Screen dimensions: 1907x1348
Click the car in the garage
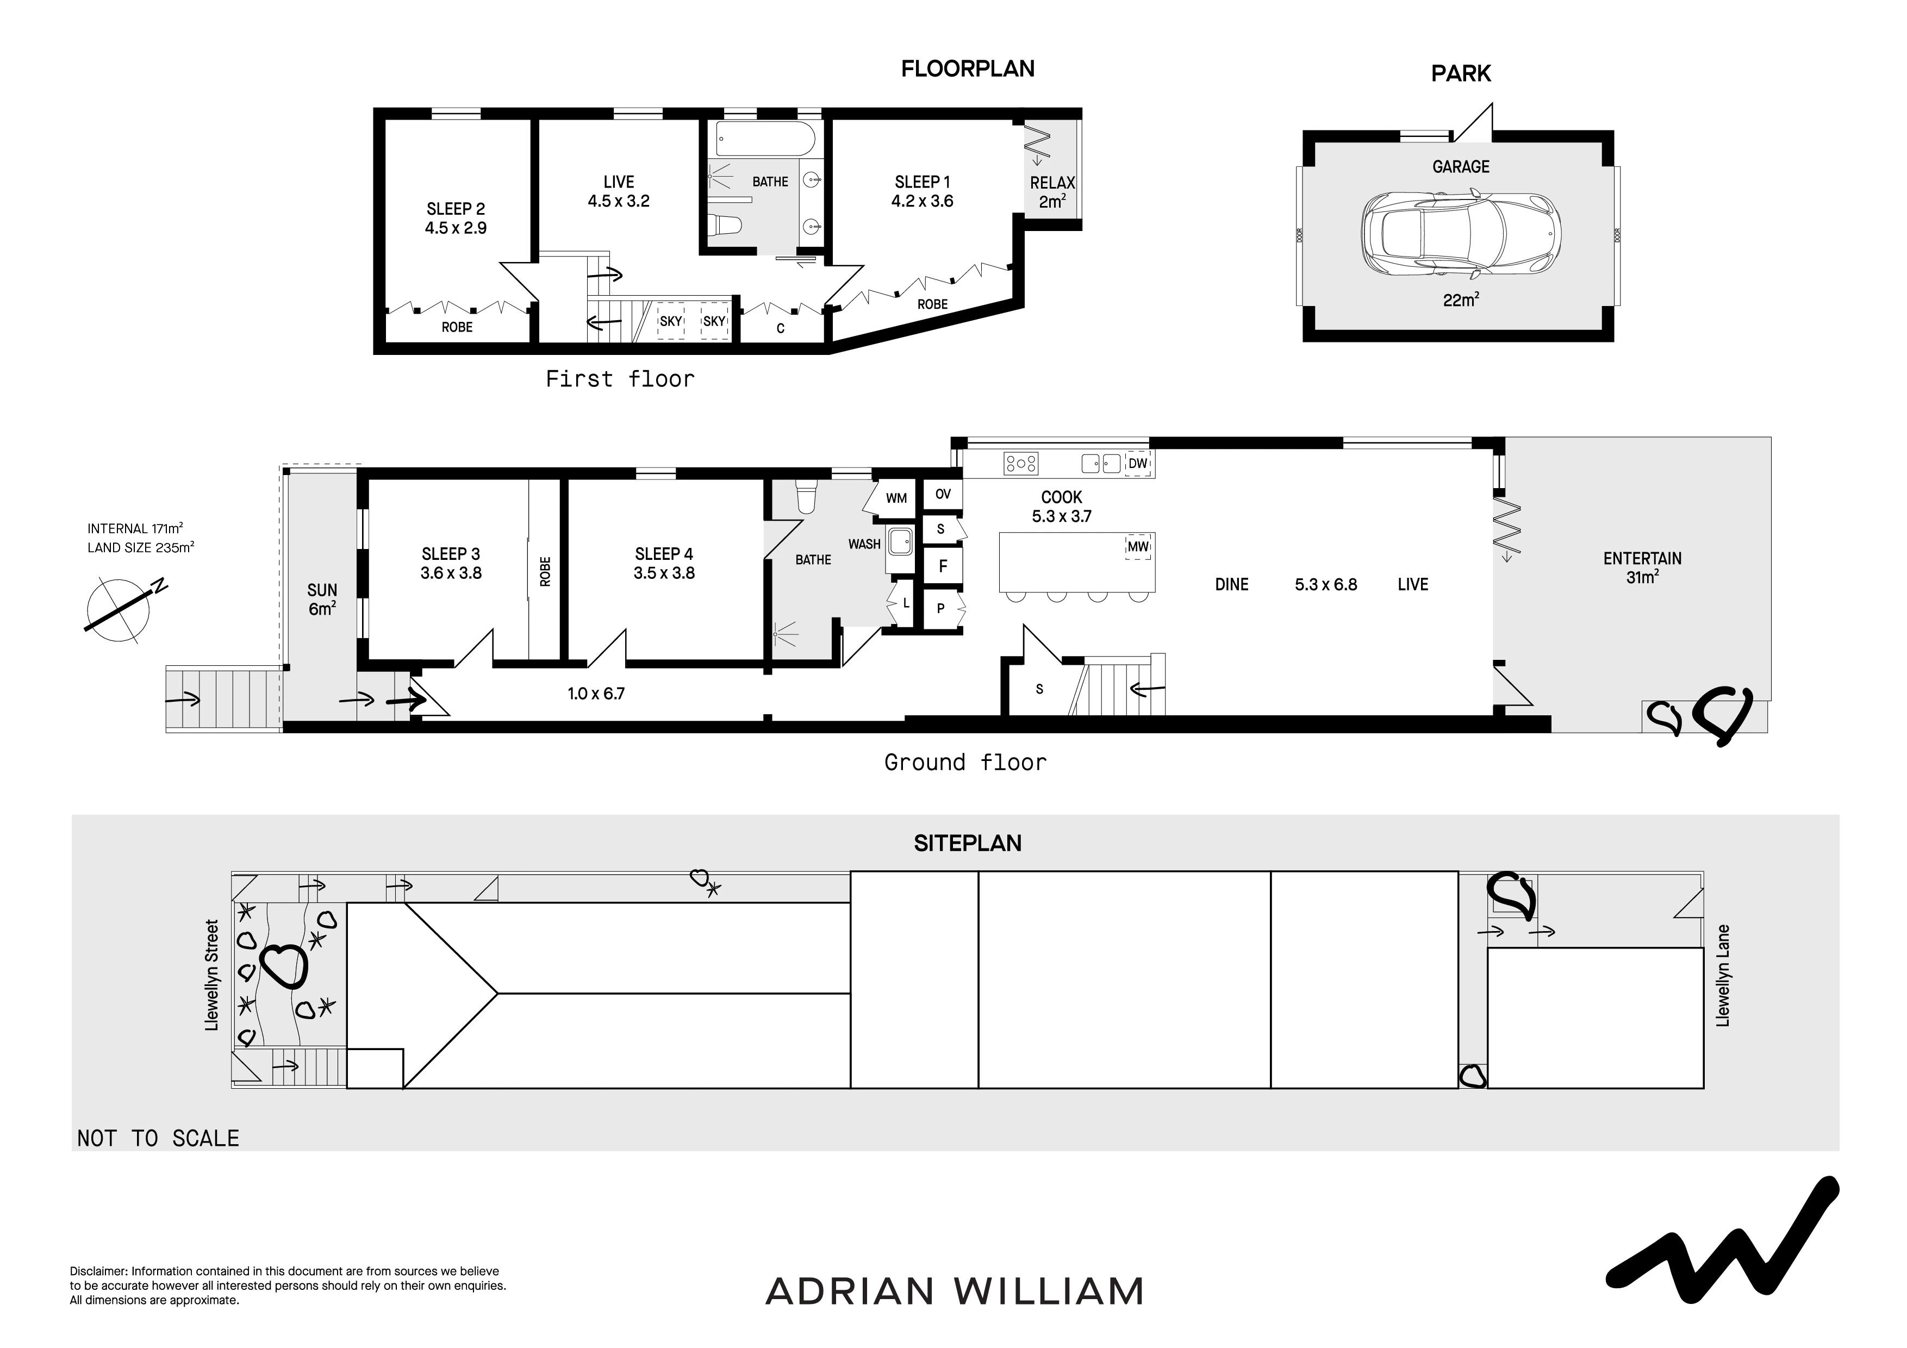tap(1461, 235)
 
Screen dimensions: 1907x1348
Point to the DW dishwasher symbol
tap(1138, 464)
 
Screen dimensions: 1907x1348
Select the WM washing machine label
tap(896, 498)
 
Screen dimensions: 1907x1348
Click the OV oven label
tap(943, 494)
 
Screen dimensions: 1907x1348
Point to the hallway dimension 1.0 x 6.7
tap(596, 694)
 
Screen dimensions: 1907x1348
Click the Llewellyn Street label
tap(212, 975)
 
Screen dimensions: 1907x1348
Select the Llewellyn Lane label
tap(1723, 976)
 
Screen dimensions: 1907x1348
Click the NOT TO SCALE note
tap(158, 1138)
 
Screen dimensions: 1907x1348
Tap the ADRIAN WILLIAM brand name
tap(955, 1291)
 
